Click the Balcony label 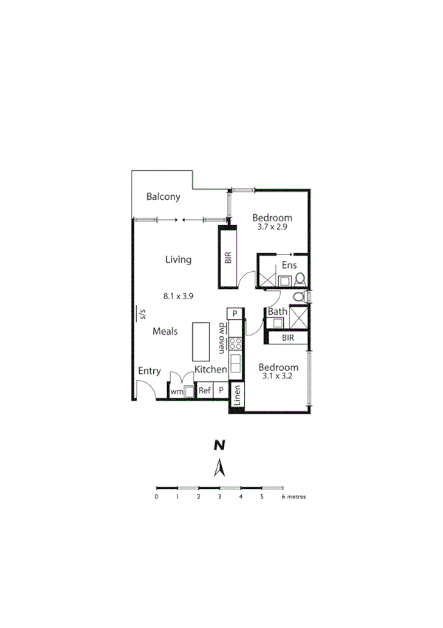pyautogui.click(x=163, y=197)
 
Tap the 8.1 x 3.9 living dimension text pyautogui.click(x=178, y=296)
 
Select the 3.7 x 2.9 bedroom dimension pyautogui.click(x=272, y=227)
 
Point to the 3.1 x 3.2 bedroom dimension pyautogui.click(x=278, y=377)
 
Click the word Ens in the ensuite pyautogui.click(x=288, y=266)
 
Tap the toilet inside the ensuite pyautogui.click(x=300, y=279)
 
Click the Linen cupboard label pyautogui.click(x=237, y=396)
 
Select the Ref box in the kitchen pyautogui.click(x=204, y=390)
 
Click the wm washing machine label pyautogui.click(x=176, y=391)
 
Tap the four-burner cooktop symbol pyautogui.click(x=235, y=343)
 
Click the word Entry pyautogui.click(x=149, y=371)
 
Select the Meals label pyautogui.click(x=165, y=331)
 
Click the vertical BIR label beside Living pyautogui.click(x=228, y=258)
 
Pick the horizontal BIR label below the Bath pyautogui.click(x=288, y=338)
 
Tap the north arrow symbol pyautogui.click(x=219, y=468)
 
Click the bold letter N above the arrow pyautogui.click(x=219, y=445)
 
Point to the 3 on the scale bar pyautogui.click(x=220, y=497)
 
